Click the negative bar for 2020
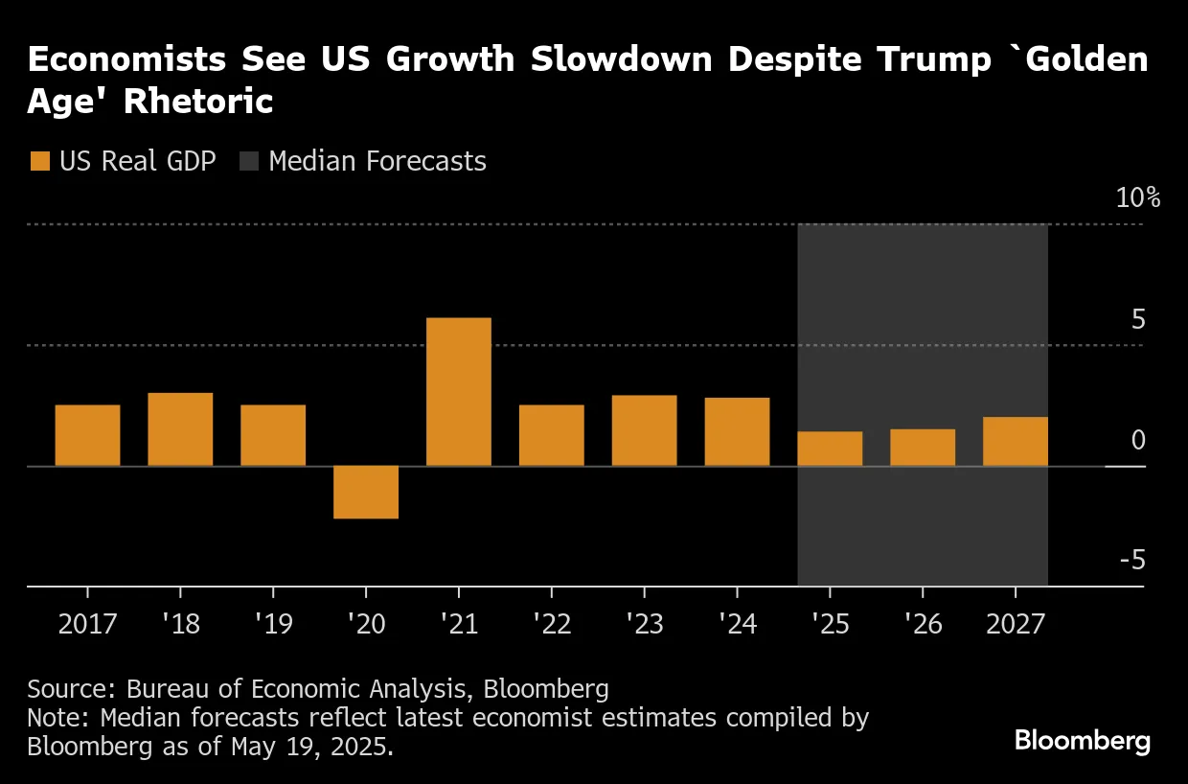click(x=365, y=492)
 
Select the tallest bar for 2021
click(x=458, y=392)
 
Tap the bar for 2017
click(x=87, y=435)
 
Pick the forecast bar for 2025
click(x=830, y=449)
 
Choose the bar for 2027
click(x=1016, y=441)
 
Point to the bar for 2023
click(x=644, y=430)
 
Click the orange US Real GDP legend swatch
click(x=39, y=161)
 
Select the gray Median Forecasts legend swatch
click(x=248, y=161)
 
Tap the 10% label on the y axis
click(x=1137, y=198)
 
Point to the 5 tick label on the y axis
click(x=1138, y=319)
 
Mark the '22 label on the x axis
click(x=551, y=625)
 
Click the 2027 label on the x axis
click(x=1016, y=625)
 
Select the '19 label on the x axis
click(x=272, y=625)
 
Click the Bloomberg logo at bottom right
click(x=1082, y=741)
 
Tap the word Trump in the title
click(x=932, y=60)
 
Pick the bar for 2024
click(x=737, y=431)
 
